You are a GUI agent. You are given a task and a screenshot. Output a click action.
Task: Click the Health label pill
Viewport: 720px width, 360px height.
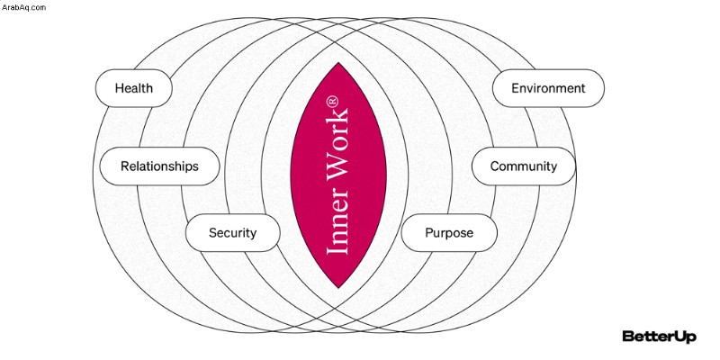point(133,88)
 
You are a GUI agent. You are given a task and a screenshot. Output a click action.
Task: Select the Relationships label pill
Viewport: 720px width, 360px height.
point(159,166)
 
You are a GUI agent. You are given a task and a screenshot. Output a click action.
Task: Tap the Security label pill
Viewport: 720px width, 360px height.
point(233,233)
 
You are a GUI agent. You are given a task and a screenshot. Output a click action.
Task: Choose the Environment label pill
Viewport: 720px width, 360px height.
point(548,88)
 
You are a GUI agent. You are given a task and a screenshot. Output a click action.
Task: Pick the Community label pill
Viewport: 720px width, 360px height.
point(524,166)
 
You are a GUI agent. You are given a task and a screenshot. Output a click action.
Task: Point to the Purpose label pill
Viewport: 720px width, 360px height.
point(449,233)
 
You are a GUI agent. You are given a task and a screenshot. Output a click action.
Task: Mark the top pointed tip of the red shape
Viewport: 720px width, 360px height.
point(338,63)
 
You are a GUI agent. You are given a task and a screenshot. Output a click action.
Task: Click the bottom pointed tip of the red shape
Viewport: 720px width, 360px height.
point(338,288)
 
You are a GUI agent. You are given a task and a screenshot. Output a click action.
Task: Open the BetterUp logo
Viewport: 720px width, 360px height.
point(659,336)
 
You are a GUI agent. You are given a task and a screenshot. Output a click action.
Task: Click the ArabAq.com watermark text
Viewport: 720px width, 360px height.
point(23,7)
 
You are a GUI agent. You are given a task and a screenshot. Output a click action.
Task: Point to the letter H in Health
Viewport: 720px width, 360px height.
point(120,88)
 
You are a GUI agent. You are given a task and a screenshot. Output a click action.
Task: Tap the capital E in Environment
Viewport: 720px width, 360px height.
point(516,88)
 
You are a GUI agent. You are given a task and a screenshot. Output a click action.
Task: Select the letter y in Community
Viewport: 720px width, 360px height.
point(553,168)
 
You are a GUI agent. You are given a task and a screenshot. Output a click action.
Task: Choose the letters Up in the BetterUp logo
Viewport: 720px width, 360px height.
point(685,337)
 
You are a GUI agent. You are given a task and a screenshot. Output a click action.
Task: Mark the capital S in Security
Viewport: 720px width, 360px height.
point(213,233)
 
